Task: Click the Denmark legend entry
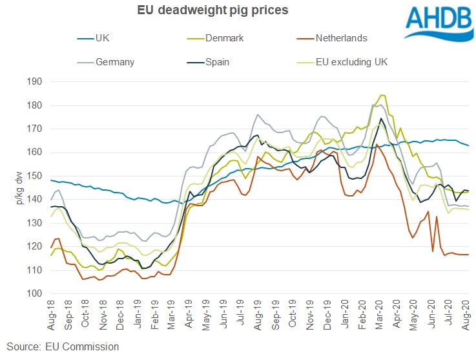[227, 38]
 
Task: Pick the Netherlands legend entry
[341, 38]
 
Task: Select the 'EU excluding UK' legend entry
[352, 62]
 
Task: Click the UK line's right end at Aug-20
[468, 145]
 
